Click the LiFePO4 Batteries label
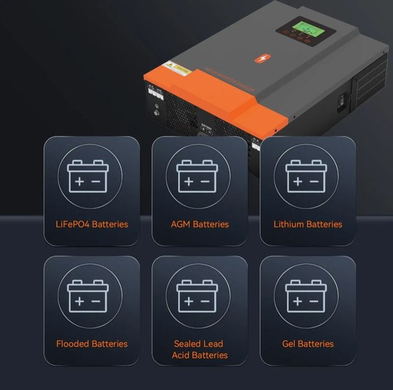tap(92, 224)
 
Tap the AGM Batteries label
tap(200, 224)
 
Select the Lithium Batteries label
tap(308, 224)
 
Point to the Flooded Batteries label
tap(92, 344)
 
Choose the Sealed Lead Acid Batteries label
tap(200, 349)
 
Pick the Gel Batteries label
tap(308, 344)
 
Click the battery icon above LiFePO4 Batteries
tap(88, 176)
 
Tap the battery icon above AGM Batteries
tap(197, 176)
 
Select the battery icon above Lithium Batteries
tap(306, 176)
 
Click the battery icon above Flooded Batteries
tap(88, 296)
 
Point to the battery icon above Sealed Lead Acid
tap(197, 296)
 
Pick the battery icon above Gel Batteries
tap(306, 296)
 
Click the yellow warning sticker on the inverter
tap(178, 69)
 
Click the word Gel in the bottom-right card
tap(291, 344)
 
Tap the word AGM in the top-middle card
tap(181, 224)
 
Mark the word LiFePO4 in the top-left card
tap(73, 224)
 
